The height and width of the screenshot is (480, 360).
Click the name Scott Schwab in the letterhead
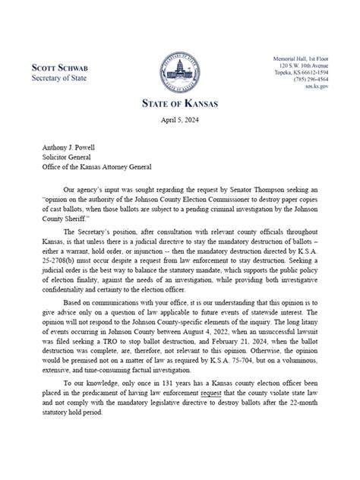click(x=60, y=67)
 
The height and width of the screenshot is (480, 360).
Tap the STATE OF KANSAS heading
click(x=180, y=103)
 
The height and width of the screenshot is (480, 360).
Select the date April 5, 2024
click(x=180, y=121)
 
